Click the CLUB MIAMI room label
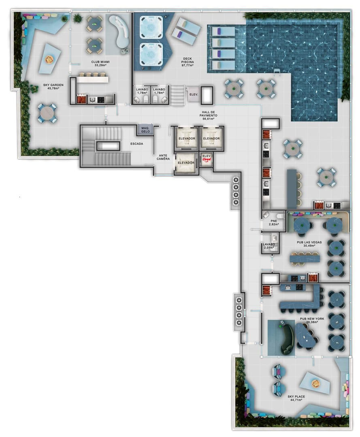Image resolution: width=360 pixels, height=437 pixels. click(x=100, y=63)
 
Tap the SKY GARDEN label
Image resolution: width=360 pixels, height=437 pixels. click(x=53, y=87)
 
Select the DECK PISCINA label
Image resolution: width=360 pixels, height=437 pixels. click(x=187, y=62)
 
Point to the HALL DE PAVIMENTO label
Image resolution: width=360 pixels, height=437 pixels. click(x=208, y=115)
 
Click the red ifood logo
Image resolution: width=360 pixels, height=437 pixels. click(x=207, y=160)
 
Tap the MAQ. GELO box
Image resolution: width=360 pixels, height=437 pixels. click(x=145, y=130)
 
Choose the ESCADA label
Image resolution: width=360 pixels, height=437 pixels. click(x=136, y=144)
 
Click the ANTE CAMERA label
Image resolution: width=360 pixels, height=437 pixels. click(x=163, y=157)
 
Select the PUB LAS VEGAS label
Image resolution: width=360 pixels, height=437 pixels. click(x=309, y=244)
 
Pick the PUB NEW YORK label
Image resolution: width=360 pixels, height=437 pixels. click(x=312, y=320)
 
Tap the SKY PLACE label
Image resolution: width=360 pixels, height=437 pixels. click(x=296, y=398)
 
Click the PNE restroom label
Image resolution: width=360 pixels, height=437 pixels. click(x=274, y=223)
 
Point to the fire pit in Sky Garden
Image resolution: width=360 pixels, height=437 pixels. click(x=49, y=59)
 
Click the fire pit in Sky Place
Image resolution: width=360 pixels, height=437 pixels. click(x=316, y=384)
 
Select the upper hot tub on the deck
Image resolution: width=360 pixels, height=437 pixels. click(x=151, y=28)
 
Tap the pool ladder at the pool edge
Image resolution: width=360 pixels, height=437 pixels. click(x=277, y=72)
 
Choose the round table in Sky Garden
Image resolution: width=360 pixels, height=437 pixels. click(x=47, y=113)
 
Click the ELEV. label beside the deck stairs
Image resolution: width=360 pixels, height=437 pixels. click(x=194, y=94)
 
